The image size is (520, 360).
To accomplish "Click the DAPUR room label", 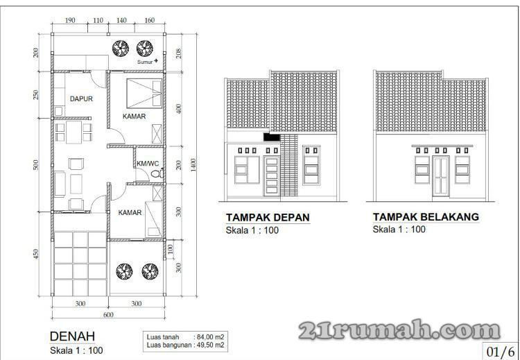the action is click(81, 99).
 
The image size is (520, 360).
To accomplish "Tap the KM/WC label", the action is click(148, 164).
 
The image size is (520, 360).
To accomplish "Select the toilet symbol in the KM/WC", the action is click(157, 173).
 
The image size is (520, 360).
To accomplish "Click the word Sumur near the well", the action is click(145, 62).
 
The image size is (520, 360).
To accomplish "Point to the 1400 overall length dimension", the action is click(193, 165).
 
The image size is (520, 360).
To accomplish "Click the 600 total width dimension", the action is click(108, 315).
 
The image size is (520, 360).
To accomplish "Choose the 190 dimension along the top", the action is click(69, 20).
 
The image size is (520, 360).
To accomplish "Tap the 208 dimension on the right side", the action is click(179, 53).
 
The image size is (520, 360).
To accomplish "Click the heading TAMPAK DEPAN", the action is click(268, 218).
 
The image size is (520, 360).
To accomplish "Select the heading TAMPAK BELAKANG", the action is click(426, 217).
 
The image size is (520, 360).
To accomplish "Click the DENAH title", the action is click(72, 336).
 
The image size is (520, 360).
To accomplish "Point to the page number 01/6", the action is click(501, 352).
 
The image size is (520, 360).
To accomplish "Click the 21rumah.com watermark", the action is click(399, 329).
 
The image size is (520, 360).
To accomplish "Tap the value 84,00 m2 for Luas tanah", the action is click(211, 337).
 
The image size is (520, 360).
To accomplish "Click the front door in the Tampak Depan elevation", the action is click(272, 176).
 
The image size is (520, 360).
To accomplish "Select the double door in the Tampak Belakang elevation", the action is click(441, 176).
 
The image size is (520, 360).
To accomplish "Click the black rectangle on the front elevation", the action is click(272, 137).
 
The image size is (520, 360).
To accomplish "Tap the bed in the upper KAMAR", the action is click(144, 94).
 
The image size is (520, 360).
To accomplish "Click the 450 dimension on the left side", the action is click(36, 254).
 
